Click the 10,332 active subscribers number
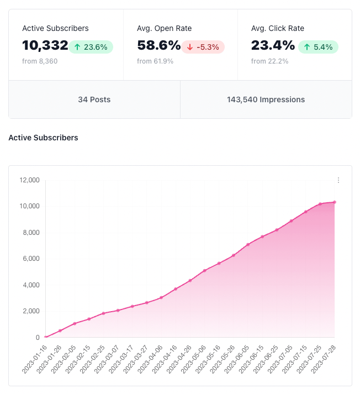(45, 46)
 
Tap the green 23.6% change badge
(91, 47)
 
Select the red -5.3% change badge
(203, 47)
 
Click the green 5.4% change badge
(318, 47)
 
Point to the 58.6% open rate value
(158, 46)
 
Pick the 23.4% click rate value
(273, 46)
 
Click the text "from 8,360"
(40, 61)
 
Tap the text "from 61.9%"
(155, 61)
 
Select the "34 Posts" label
(94, 100)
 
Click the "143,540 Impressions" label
(266, 100)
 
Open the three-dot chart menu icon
(338, 180)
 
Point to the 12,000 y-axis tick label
(29, 180)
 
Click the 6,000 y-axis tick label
(31, 259)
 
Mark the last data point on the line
(335, 202)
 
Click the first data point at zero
(46, 337)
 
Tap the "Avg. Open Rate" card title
(165, 28)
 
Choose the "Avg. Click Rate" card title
(278, 28)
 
